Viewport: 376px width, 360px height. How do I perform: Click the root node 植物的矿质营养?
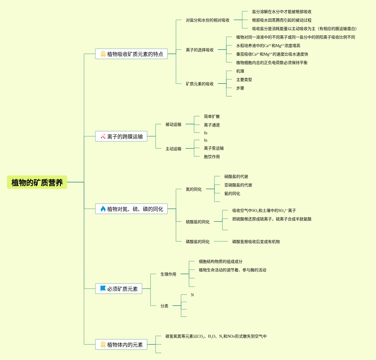point(37,182)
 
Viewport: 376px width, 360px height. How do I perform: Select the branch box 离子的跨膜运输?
point(121,137)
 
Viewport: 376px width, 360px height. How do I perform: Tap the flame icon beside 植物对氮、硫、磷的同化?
point(103,209)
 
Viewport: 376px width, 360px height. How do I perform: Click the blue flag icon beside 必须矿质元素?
point(103,289)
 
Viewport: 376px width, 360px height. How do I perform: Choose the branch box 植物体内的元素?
point(121,345)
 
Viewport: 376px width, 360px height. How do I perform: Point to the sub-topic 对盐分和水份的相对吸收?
point(207,20)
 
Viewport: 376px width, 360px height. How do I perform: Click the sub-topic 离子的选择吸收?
point(199,50)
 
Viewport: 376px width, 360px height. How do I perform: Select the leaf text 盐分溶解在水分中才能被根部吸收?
point(282,12)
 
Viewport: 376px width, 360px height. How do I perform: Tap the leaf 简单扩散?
point(212,116)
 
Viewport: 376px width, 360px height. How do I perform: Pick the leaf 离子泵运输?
point(214,148)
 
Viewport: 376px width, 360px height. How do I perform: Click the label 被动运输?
point(173,124)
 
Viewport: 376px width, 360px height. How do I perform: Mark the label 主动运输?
point(173,149)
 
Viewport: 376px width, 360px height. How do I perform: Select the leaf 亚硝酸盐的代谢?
point(238,185)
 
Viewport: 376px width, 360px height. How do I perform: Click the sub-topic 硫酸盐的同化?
point(197,222)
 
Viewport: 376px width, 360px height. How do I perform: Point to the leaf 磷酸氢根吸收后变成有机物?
point(256,242)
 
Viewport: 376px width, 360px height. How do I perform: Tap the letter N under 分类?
point(192,295)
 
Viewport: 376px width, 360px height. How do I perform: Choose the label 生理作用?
point(168,274)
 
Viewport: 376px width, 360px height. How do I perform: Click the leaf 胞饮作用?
point(212,157)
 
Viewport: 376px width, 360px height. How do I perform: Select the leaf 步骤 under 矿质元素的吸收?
point(240,88)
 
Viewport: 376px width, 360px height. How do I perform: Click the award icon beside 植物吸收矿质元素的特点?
point(103,54)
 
